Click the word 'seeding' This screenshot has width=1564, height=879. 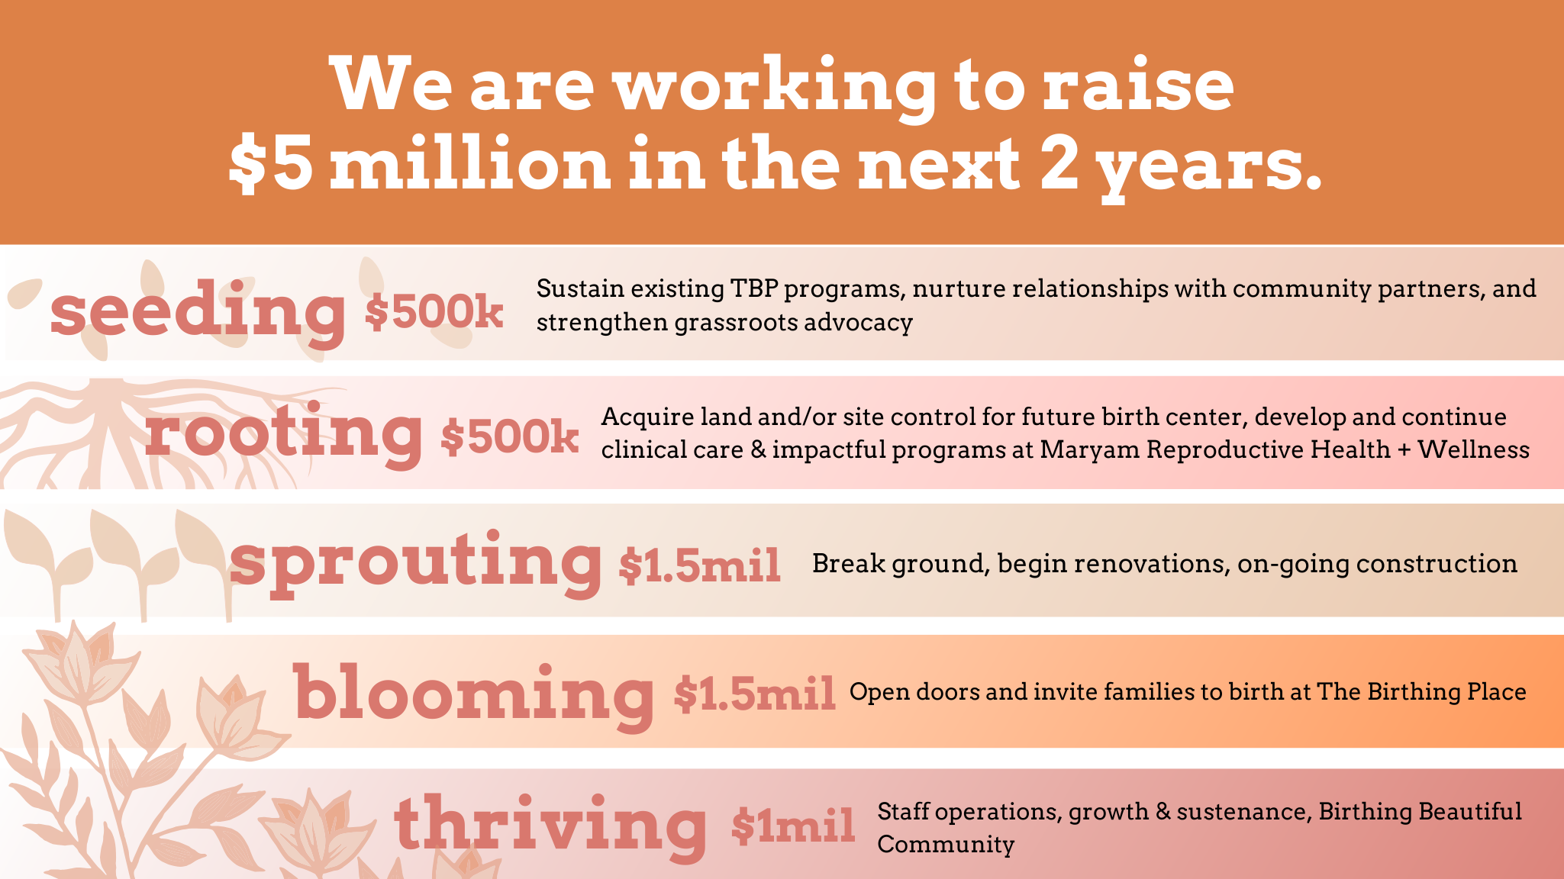198,311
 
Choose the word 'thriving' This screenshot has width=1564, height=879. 550,826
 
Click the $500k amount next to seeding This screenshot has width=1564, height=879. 434,312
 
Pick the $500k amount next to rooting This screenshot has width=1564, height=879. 509,437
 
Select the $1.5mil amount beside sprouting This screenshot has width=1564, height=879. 699,566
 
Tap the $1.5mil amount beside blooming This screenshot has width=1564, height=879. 754,694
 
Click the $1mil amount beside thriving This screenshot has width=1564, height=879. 792,826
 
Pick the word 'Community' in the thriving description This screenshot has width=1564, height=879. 946,845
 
